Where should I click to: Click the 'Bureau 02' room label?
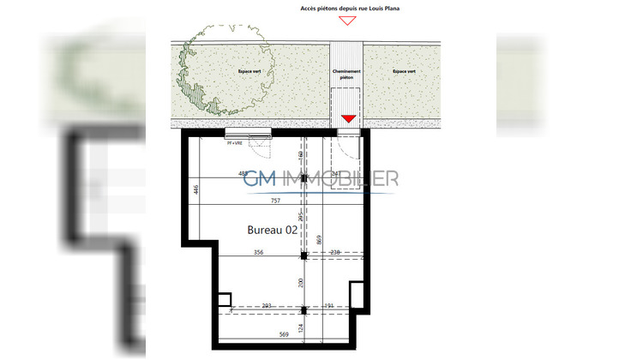(x=273, y=230)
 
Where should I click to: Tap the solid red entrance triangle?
(x=347, y=118)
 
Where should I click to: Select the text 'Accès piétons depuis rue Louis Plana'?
(x=349, y=7)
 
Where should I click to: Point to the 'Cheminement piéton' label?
(x=346, y=75)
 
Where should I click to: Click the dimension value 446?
(x=195, y=190)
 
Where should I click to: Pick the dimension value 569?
(x=282, y=335)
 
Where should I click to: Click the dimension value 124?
(x=299, y=327)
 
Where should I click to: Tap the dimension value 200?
(x=299, y=282)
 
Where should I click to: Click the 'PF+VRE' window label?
(x=236, y=143)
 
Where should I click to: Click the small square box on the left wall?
(x=224, y=299)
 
